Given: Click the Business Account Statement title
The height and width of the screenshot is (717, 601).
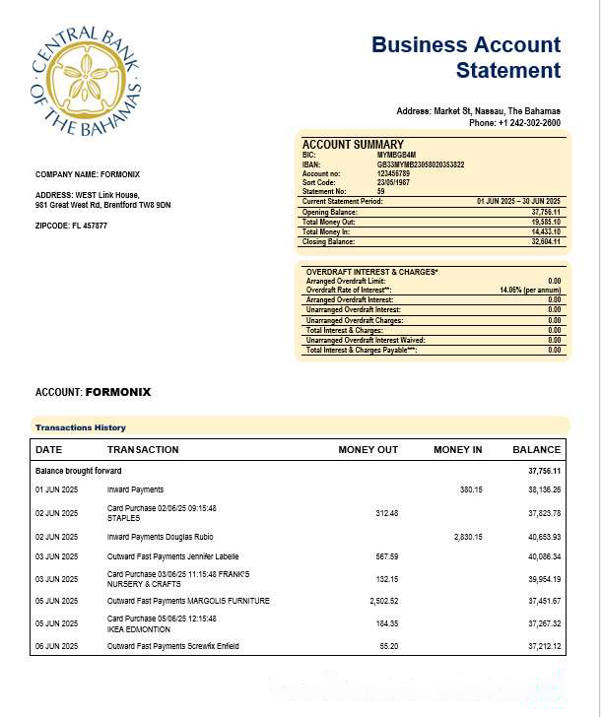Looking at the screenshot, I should [x=466, y=57].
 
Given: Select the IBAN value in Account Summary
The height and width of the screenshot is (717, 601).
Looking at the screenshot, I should [x=421, y=164].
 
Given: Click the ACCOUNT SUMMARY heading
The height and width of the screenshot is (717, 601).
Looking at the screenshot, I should [x=352, y=145].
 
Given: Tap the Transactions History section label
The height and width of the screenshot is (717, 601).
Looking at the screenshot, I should [x=81, y=427].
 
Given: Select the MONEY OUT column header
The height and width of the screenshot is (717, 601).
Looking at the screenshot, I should [x=367, y=450].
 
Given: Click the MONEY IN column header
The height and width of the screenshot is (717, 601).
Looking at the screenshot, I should [x=457, y=450].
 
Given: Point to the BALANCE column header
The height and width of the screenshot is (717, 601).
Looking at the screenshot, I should [x=536, y=450].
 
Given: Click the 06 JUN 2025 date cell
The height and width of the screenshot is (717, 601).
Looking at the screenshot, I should [x=56, y=646].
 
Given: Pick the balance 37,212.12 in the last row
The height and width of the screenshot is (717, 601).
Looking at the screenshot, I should [x=543, y=646].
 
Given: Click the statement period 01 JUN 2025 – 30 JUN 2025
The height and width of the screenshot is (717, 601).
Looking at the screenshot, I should [x=518, y=201].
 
